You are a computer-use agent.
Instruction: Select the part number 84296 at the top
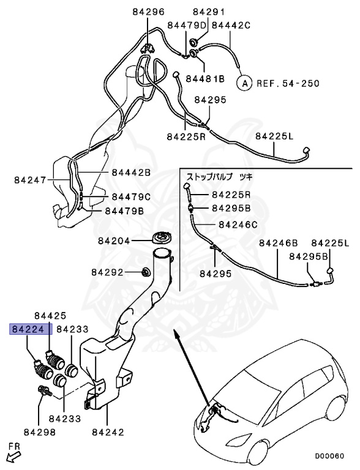(x=148, y=12)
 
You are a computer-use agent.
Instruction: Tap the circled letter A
(x=244, y=81)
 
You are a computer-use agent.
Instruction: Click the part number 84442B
(x=131, y=173)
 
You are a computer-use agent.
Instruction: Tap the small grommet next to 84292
(x=146, y=272)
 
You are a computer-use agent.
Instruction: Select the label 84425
(x=50, y=316)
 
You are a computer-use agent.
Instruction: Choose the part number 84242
(x=108, y=431)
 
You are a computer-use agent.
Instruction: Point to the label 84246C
(x=238, y=224)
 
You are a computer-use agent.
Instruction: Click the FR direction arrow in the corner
(x=13, y=455)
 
